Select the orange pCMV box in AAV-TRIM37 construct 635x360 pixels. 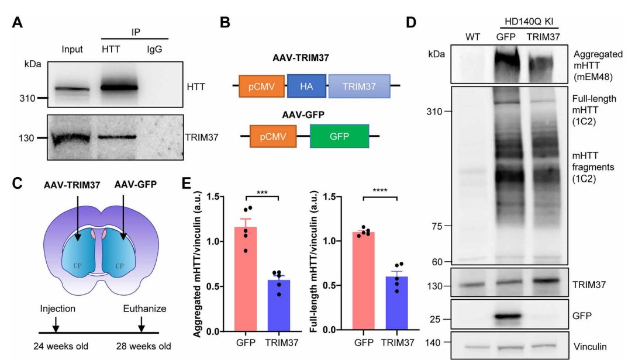[x=261, y=85]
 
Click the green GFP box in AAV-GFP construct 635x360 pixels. [x=339, y=138]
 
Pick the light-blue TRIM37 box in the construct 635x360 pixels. [x=359, y=85]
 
